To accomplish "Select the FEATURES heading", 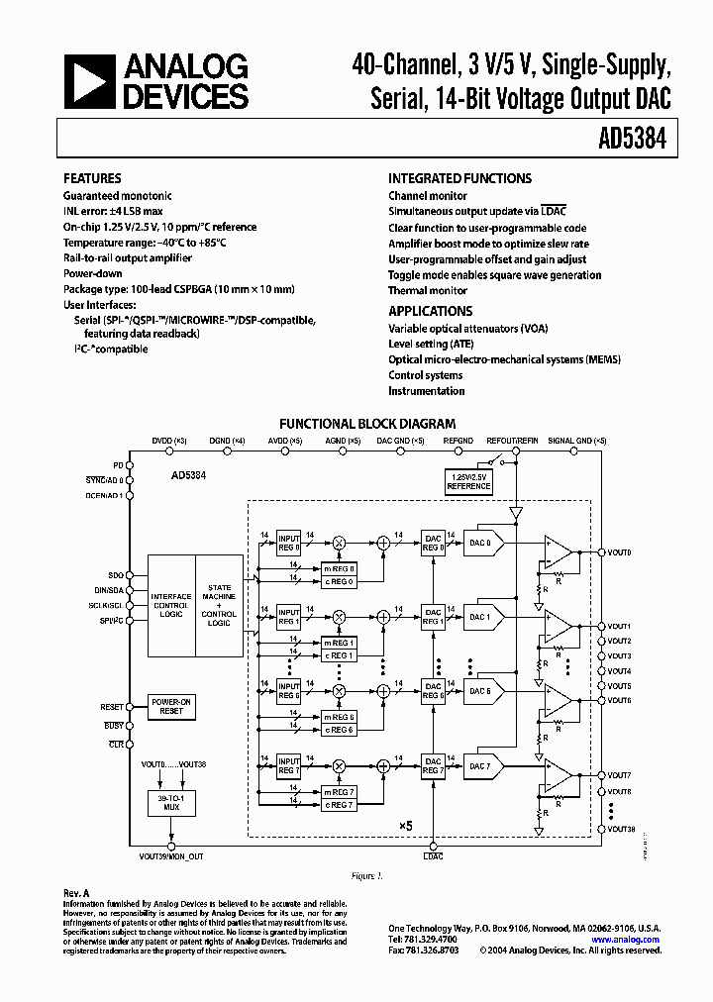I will (92, 179).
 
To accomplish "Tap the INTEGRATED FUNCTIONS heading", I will (459, 179).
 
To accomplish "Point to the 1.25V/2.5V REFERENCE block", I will (468, 482).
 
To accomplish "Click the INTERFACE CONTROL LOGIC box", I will (171, 605).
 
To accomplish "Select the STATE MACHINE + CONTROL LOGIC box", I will (219, 605).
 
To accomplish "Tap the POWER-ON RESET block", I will (171, 707).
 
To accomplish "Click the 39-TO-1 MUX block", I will (171, 803).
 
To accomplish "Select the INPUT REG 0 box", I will (288, 542).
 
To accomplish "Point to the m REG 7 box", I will (339, 791).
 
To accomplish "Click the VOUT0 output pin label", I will (619, 552).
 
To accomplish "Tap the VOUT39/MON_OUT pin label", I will (171, 855).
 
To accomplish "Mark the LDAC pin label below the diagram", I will (433, 855).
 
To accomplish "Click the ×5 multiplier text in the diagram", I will (405, 825).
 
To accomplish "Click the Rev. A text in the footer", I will (76, 893).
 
